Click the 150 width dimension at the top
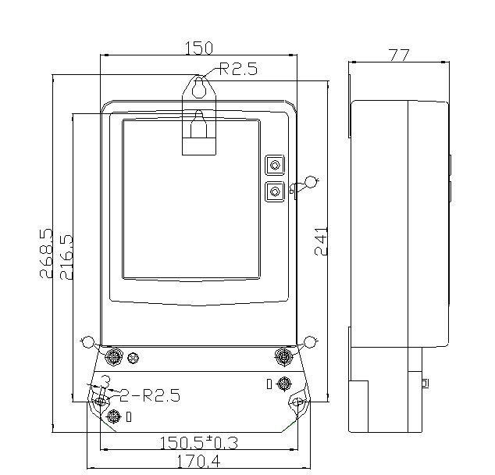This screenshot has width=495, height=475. tap(198, 48)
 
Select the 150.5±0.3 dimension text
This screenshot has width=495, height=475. tap(198, 443)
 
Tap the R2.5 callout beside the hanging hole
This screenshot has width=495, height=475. tap(238, 70)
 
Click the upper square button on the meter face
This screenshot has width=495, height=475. tap(275, 165)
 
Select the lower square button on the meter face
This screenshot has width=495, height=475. tap(275, 190)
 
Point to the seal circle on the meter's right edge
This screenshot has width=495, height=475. tap(312, 182)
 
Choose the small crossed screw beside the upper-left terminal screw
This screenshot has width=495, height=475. tap(134, 358)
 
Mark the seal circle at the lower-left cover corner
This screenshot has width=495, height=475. tap(87, 341)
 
